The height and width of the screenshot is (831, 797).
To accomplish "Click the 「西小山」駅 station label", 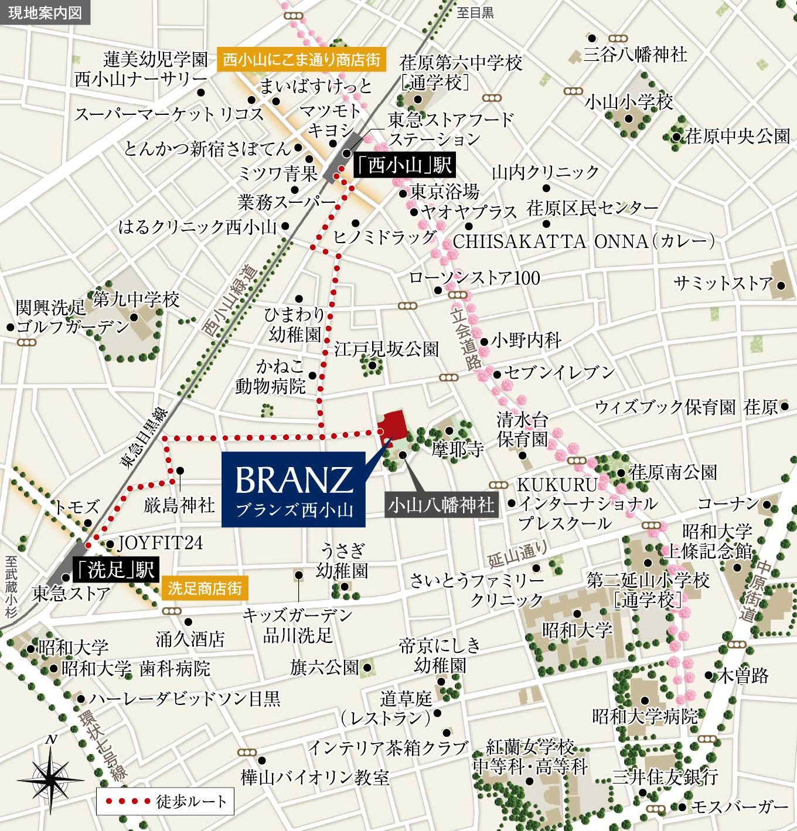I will point(404,166).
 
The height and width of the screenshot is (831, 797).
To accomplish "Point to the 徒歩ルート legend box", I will point(165,801).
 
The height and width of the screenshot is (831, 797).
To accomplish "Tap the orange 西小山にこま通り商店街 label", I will point(301,59).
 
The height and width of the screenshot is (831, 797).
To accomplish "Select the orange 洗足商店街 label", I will point(205,588).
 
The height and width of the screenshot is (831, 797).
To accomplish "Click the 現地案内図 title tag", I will point(45,12).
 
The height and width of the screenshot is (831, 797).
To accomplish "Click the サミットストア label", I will point(723,284).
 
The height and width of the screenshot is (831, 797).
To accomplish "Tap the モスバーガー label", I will point(740,807).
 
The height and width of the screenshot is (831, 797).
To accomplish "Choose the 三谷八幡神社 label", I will point(635,55).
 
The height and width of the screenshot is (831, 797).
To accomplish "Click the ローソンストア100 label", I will point(474,278).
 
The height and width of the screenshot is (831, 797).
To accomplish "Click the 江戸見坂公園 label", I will point(386,349).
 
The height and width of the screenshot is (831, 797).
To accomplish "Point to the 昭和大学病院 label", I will point(645,716).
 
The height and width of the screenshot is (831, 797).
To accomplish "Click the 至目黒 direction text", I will point(475,12).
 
